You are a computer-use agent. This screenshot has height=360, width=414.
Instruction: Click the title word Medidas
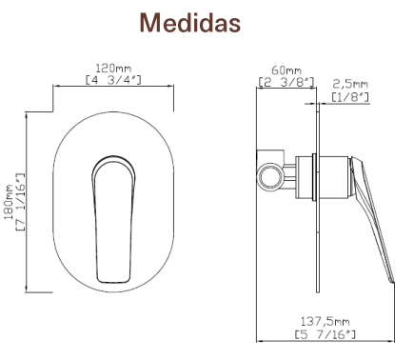point(190,23)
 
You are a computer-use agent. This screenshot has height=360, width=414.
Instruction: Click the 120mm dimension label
point(113,69)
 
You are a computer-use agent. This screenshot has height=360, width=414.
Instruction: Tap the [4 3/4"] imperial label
point(113,79)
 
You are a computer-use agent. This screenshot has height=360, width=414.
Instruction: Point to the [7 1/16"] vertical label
point(20,202)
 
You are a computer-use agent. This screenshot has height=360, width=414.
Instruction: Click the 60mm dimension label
point(286,70)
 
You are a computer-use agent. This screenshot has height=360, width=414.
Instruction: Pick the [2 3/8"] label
point(286,82)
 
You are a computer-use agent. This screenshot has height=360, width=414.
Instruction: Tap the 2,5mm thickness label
point(350,84)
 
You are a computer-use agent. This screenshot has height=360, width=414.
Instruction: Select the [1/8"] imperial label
point(350,96)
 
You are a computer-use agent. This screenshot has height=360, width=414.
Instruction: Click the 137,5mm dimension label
point(325,322)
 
